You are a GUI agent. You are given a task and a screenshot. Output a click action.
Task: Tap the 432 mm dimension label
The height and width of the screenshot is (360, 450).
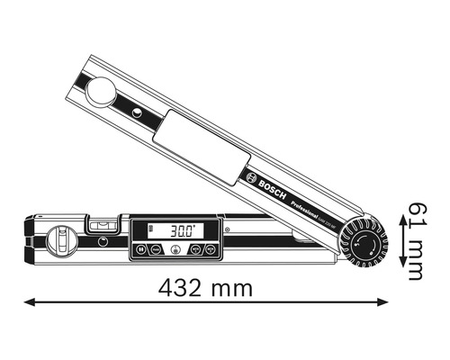click(206, 288)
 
